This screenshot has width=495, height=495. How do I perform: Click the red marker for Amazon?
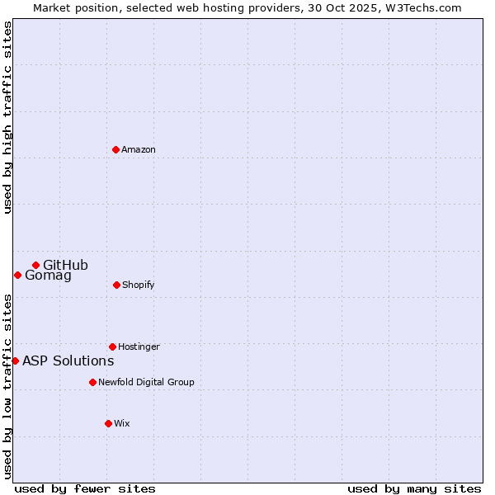coord(116,149)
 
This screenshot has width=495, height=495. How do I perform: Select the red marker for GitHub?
coord(35,265)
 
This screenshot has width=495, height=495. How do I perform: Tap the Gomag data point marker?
coord(17,275)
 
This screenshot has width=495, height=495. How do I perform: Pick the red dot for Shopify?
coord(116,285)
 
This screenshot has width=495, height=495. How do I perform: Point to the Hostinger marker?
coord(112,346)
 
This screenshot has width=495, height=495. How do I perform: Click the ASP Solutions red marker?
coord(15,361)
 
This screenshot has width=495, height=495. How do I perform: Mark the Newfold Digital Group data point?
coord(92,382)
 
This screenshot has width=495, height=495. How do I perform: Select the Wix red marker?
coord(108,423)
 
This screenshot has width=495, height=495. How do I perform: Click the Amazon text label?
coord(139,149)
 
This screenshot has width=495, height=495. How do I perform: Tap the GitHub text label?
coord(65,265)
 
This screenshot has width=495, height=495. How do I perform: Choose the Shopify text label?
coord(138,285)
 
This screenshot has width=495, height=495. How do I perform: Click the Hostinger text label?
coord(139,346)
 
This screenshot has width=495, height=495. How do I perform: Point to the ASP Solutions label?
coord(68,361)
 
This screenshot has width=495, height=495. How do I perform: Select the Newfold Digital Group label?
coord(146,382)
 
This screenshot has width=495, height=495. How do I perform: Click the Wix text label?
coord(121,423)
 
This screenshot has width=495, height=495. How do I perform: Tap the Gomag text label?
coord(48,276)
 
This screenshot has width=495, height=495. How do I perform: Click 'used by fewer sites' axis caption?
coord(85,488)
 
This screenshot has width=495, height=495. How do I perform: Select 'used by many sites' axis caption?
coord(414,488)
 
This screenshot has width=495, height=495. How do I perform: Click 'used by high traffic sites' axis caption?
coord(7,117)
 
